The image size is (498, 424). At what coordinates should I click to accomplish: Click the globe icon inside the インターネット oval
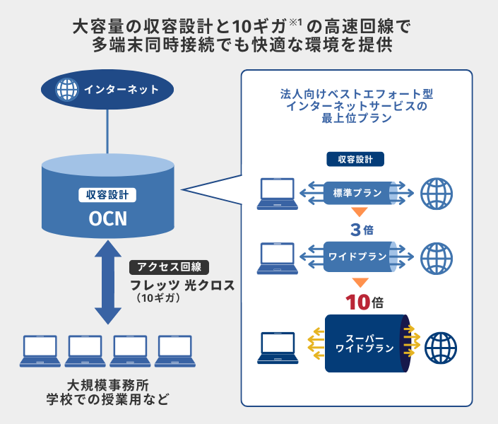pos(66,90)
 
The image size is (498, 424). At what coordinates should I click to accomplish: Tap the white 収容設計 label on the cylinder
pos(107,195)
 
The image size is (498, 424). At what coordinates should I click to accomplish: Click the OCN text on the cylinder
pos(108,218)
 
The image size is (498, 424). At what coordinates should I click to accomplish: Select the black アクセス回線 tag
pos(169,267)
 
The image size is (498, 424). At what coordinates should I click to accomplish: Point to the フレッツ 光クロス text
pos(182,285)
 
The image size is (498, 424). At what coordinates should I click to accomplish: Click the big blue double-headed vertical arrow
pos(108,282)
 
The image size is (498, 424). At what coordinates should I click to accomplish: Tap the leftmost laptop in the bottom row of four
pos(40,351)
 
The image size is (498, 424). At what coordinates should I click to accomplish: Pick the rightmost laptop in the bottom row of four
pos(175,351)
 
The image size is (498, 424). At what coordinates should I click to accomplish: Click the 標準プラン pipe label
pos(357,193)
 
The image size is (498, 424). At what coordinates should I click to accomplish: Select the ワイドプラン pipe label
pos(357,257)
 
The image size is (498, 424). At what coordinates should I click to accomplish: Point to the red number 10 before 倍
pos(357,302)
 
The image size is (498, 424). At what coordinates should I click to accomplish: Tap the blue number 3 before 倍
pos(356,230)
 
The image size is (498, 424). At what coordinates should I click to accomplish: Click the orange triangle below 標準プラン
pos(360,212)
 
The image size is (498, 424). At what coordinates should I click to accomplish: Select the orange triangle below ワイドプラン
pos(360,282)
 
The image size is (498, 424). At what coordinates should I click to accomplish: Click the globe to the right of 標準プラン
pos(437,194)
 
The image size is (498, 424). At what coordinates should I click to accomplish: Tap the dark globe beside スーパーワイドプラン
pos(441,348)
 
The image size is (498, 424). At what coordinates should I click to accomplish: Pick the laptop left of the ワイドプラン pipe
pos(278,259)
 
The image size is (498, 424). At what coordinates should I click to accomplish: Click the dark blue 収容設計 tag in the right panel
pos(355,159)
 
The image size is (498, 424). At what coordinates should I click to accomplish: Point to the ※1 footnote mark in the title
pos(295,23)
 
